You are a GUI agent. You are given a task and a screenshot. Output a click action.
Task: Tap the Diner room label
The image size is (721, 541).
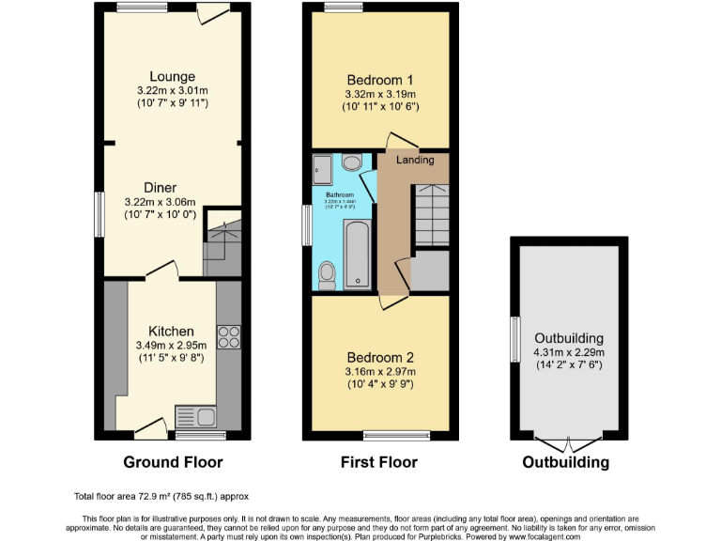click(160, 188)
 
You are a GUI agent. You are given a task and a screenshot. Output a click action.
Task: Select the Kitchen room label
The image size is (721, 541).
click(172, 332)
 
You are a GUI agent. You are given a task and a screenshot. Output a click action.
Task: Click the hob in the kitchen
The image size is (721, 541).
click(229, 336)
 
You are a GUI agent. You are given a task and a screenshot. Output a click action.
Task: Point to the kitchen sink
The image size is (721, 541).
click(196, 415)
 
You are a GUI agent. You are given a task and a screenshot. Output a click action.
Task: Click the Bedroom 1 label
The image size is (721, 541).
click(380, 80)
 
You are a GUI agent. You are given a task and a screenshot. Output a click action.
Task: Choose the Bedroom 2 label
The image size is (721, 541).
click(380, 358)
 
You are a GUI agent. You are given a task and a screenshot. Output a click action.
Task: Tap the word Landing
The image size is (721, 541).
click(415, 161)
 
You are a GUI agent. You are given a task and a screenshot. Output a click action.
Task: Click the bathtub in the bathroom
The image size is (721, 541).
click(358, 254)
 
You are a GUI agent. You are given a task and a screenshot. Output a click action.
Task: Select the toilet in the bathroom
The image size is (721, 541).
click(327, 273)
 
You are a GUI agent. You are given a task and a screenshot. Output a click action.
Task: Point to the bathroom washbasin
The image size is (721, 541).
click(352, 162)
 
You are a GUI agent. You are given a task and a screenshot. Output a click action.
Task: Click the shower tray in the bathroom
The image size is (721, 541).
click(324, 168)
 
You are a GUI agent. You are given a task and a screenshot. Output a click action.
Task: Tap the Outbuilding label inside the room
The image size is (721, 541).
click(569, 338)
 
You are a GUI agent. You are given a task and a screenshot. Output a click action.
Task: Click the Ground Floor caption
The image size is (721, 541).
click(173, 462)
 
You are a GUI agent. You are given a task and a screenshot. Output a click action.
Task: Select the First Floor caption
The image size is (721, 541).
click(380, 462)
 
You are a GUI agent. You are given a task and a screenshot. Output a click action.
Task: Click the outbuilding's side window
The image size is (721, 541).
click(514, 339)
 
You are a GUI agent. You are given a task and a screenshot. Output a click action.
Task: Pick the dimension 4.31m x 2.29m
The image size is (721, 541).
click(569, 352)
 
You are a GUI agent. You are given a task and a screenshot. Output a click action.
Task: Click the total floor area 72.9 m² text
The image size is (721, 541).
click(161, 496)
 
